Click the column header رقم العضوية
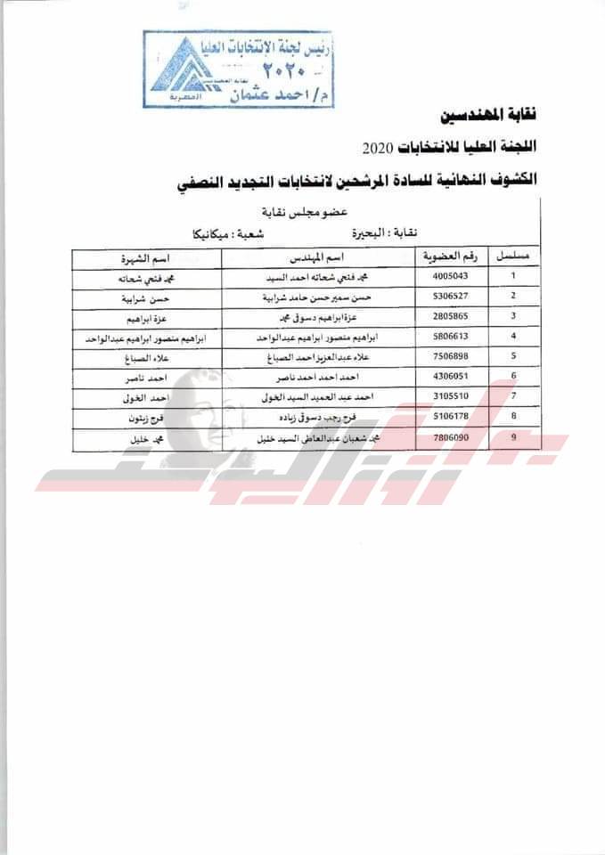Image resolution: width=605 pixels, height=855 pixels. click(451, 256)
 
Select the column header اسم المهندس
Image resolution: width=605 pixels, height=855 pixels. click(320, 256)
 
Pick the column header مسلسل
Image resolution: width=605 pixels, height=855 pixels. click(513, 256)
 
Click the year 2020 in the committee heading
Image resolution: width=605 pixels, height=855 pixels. click(383, 146)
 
